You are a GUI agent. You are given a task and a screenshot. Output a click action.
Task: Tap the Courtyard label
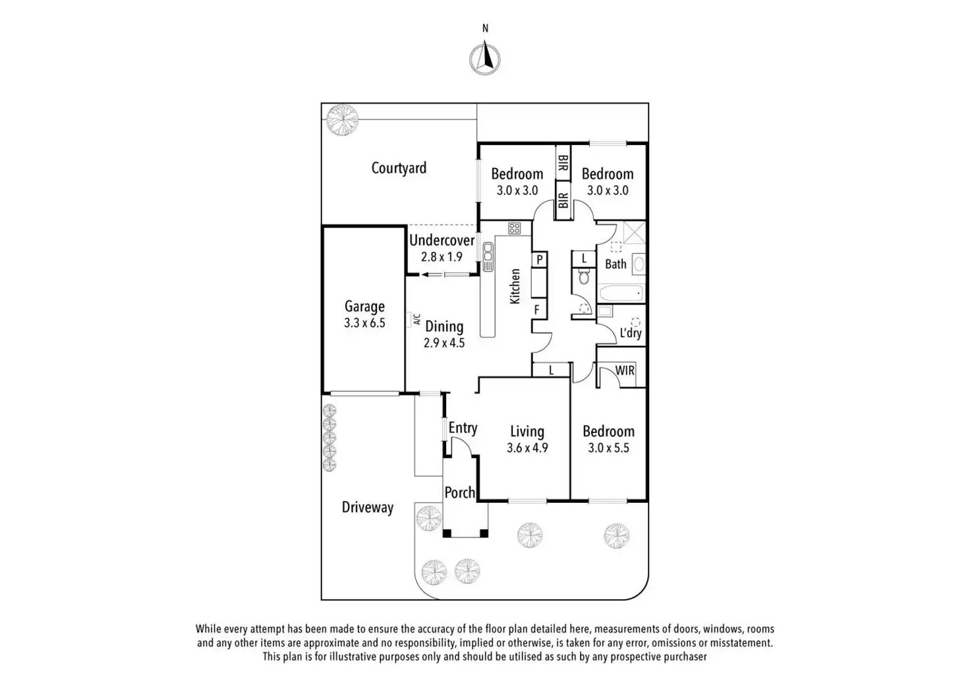pos(399,168)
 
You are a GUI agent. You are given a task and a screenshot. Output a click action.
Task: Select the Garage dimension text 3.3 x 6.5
pos(364,323)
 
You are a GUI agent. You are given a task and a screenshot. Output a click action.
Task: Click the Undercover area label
pos(442,240)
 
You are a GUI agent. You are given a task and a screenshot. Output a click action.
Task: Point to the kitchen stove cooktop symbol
pos(515,228)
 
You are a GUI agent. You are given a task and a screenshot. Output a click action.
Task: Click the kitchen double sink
pos(488,257)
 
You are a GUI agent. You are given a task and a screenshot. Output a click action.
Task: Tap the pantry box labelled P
pos(540,260)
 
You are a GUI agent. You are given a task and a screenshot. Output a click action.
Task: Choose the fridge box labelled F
pos(537,310)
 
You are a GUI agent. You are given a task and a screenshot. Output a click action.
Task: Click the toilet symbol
pos(584,276)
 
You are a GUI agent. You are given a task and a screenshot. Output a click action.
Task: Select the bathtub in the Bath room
pos(621,294)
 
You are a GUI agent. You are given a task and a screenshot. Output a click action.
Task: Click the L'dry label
pos(631,333)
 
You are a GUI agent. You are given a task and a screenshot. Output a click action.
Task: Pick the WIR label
pos(625,370)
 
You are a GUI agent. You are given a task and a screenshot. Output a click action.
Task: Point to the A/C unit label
pos(417,319)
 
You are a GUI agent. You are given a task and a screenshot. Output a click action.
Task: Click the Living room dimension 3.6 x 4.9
pos(527,448)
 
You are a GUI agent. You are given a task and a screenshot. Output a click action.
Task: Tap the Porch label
pos(460,492)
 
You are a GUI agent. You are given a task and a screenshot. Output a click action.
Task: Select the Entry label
pos(463,428)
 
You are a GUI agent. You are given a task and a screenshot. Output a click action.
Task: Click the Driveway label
pos(368,507)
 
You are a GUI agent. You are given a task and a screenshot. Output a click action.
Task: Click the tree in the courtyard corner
pos(343,120)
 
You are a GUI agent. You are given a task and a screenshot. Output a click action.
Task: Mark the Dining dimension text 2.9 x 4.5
pos(444,343)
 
